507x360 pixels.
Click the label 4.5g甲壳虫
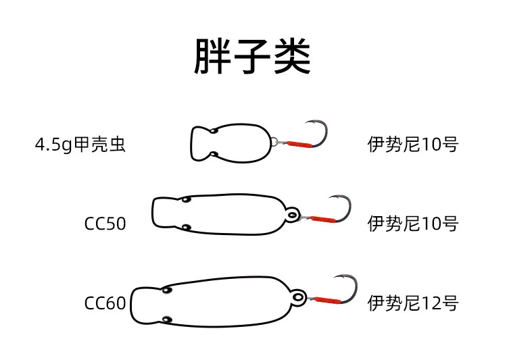click(80, 145)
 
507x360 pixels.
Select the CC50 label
click(105, 224)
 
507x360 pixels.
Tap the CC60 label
click(105, 303)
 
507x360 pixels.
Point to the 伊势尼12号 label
click(413, 303)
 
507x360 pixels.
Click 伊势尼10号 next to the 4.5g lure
click(413, 145)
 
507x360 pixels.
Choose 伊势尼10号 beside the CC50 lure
click(413, 224)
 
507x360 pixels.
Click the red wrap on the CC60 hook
click(327, 299)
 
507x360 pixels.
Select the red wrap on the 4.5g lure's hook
click(298, 144)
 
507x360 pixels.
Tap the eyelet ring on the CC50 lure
click(292, 215)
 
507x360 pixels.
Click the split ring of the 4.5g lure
click(274, 143)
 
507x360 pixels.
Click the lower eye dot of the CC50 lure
click(186, 228)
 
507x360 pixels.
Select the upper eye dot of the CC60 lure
click(166, 290)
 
